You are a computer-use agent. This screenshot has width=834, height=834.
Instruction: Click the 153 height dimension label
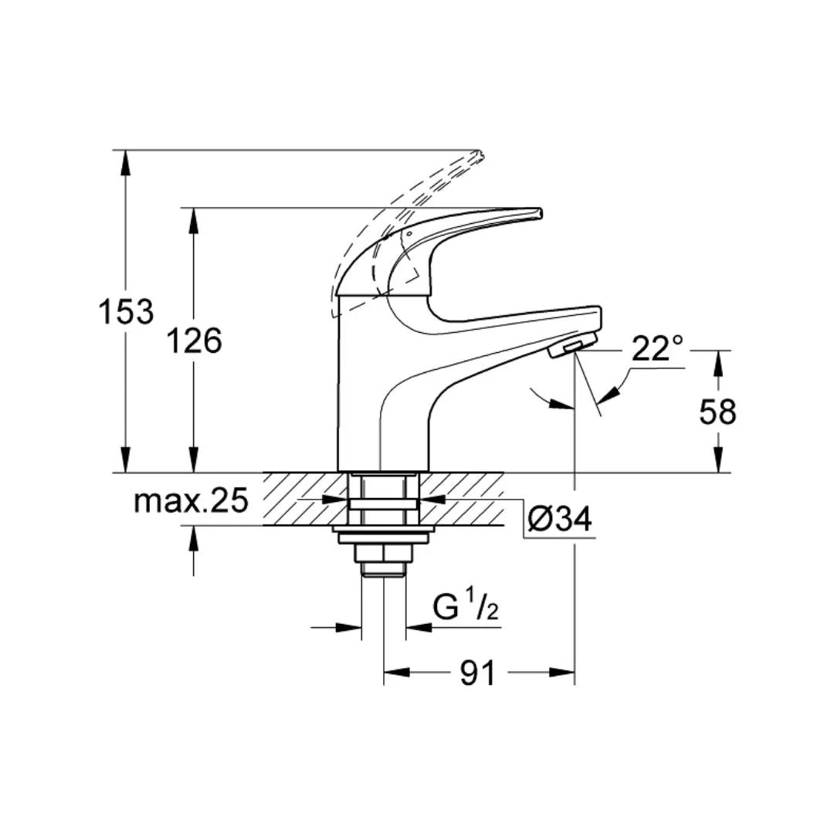tap(126, 312)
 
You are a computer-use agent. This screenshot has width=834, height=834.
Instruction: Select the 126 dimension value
tap(195, 341)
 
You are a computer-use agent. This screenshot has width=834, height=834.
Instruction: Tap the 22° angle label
tap(658, 348)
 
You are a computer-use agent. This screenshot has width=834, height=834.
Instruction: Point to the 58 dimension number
tap(718, 413)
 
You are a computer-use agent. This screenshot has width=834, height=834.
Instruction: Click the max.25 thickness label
tap(191, 501)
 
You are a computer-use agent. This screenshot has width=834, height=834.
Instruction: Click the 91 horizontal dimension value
tap(478, 673)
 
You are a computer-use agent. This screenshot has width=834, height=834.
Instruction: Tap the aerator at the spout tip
tap(570, 347)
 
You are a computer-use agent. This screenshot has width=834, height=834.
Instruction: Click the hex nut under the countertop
tap(384, 553)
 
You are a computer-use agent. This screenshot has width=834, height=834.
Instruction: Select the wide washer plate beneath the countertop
tap(384, 530)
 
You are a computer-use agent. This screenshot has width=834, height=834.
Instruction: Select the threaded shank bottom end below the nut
tap(384, 571)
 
